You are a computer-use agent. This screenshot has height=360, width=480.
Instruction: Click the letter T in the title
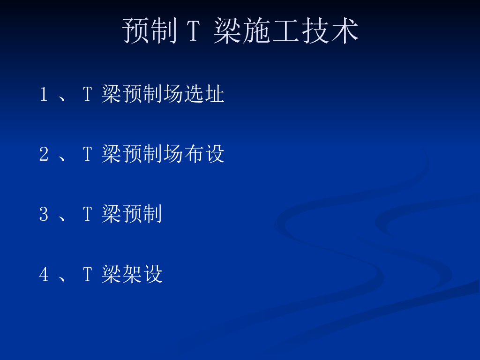click(194, 30)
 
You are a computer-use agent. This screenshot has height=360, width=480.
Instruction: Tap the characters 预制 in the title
click(150, 30)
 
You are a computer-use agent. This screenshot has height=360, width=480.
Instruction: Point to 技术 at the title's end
click(330, 30)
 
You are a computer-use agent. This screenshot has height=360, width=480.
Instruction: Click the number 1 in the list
click(44, 94)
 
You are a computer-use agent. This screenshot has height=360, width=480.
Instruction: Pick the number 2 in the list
click(44, 154)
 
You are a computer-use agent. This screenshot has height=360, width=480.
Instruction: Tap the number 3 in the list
click(44, 214)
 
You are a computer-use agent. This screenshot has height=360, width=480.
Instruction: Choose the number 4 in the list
click(44, 274)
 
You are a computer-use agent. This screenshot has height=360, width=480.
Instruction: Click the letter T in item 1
click(87, 94)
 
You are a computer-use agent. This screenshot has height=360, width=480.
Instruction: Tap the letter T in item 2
click(87, 154)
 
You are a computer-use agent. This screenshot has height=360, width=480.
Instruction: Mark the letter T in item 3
click(87, 214)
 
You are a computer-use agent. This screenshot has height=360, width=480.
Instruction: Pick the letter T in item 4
click(87, 274)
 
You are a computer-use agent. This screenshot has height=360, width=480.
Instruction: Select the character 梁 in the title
click(227, 30)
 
